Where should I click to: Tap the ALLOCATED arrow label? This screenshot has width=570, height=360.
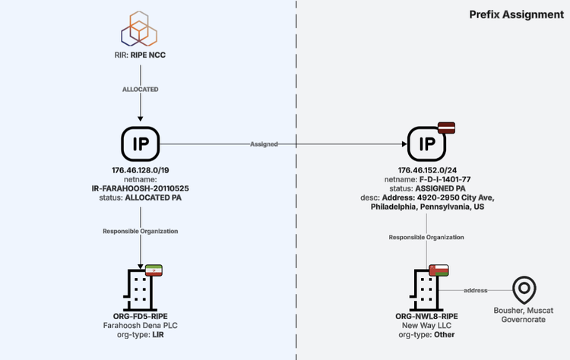pos(141,90)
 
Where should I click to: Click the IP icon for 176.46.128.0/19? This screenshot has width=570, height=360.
pos(141,144)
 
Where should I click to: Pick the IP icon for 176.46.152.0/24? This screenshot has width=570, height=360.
pos(426,144)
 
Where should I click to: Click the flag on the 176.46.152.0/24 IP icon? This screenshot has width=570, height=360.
pos(445,127)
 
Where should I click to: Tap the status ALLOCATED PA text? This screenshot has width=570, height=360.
pos(141,197)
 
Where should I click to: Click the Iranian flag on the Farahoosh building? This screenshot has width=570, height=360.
pos(154,270)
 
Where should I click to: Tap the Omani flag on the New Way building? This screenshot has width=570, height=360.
pos(439,270)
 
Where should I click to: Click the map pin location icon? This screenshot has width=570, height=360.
pos(523,289)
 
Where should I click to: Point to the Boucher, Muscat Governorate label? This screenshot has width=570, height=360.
pos(523,315)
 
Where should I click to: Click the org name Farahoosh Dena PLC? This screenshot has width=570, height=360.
pos(141,325)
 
